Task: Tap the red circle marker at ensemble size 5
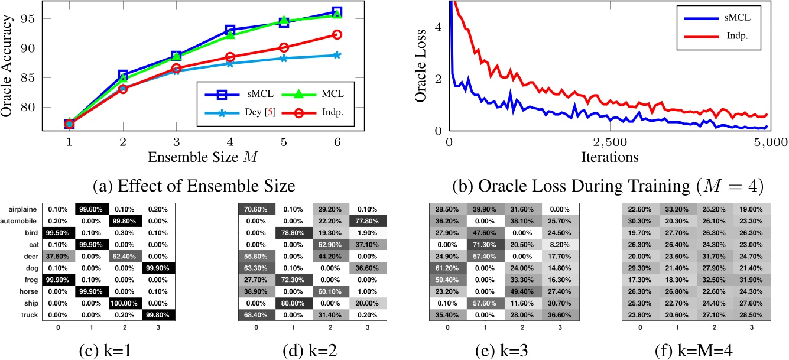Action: coord(284,47)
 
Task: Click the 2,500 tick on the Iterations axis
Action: coord(609,142)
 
